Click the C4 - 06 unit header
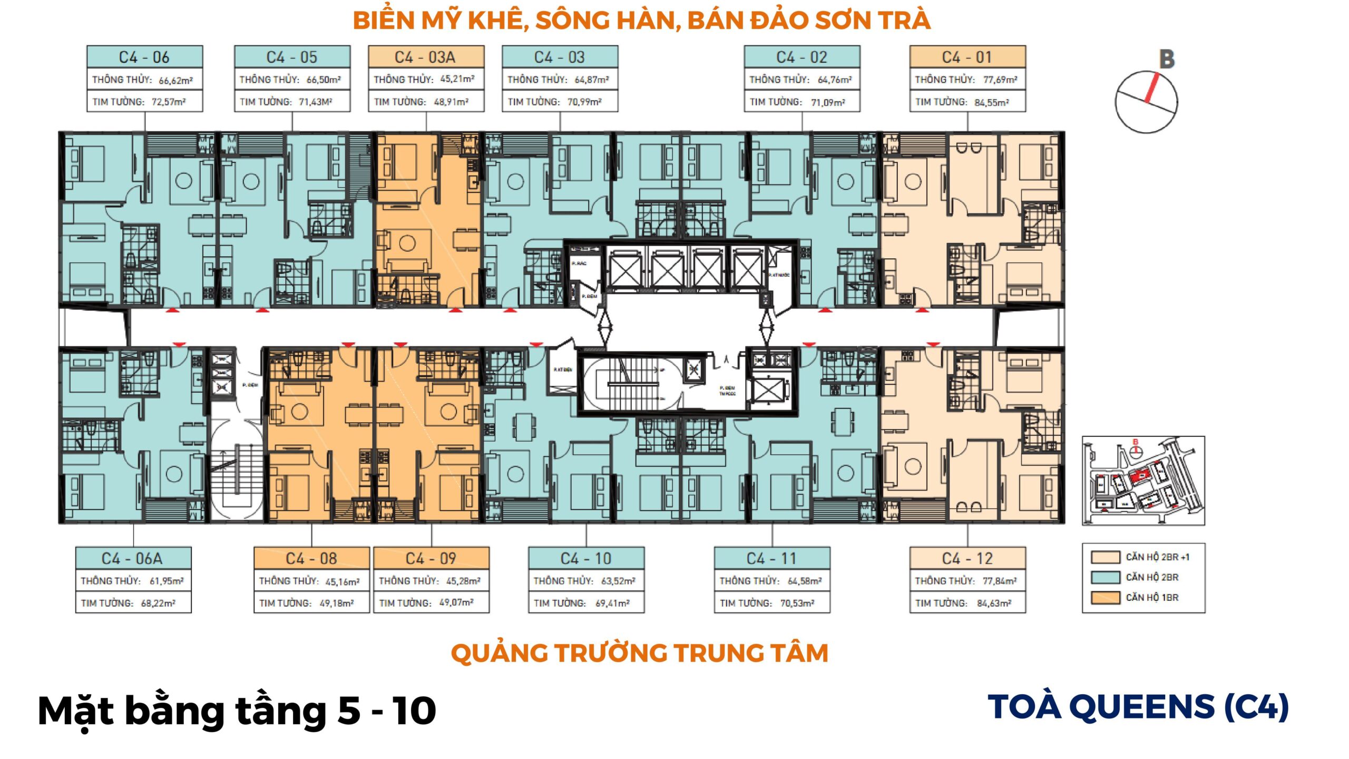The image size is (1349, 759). pyautogui.click(x=144, y=57)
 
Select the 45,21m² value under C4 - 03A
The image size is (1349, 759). pyautogui.click(x=457, y=79)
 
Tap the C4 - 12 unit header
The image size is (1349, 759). pyautogui.click(x=967, y=558)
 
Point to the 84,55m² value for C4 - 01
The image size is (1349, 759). pyautogui.click(x=991, y=102)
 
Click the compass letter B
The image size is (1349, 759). pyautogui.click(x=1167, y=59)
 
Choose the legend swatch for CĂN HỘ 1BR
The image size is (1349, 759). pyautogui.click(x=1105, y=597)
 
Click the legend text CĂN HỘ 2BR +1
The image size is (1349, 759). pyautogui.click(x=1157, y=557)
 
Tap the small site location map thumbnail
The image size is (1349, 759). pyautogui.click(x=1143, y=480)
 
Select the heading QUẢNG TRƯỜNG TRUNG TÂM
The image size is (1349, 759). pyautogui.click(x=639, y=653)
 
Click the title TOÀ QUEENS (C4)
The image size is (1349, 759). pyautogui.click(x=1138, y=707)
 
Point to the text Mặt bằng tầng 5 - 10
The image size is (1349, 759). pyautogui.click(x=237, y=711)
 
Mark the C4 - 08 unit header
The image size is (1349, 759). pyautogui.click(x=311, y=558)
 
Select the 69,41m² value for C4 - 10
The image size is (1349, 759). pyautogui.click(x=612, y=603)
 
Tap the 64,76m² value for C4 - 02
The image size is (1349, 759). pyautogui.click(x=834, y=80)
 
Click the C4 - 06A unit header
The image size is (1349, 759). pyautogui.click(x=132, y=558)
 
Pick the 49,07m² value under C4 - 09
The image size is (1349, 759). pyautogui.click(x=456, y=602)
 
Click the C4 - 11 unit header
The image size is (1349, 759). pyautogui.click(x=771, y=558)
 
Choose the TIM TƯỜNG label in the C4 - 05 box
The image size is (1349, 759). pyautogui.click(x=266, y=102)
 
